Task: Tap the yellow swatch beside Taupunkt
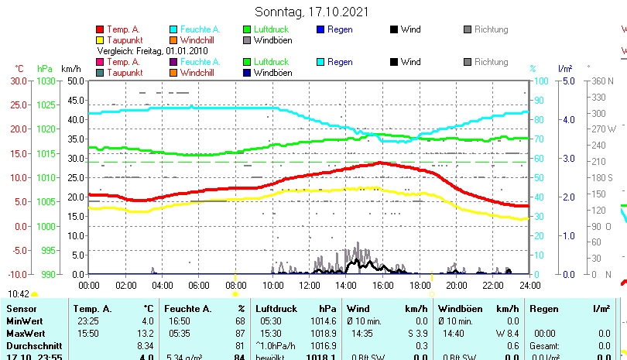[100, 39]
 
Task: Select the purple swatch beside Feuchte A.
[173, 62]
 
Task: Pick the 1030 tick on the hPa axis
[46, 81]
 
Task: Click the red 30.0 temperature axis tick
[18, 81]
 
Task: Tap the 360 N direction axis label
[601, 81]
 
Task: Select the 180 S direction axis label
[601, 177]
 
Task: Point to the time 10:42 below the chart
[19, 294]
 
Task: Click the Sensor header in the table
[21, 309]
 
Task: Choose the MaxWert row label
[25, 333]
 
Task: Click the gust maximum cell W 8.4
[506, 333]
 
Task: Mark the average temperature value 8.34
[145, 345]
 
